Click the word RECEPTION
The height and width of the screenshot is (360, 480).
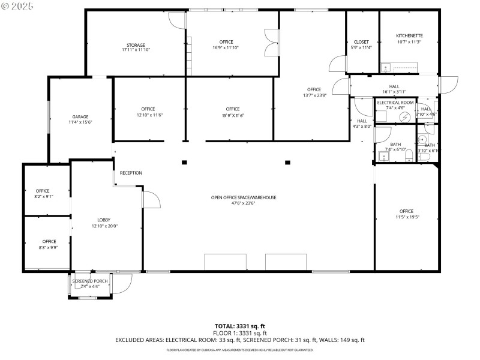tap(131, 173)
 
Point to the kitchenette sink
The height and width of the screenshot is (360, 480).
tap(386, 67)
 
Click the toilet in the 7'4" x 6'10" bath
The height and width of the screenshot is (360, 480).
tap(409, 157)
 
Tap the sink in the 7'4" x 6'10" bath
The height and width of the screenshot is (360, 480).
tap(383, 157)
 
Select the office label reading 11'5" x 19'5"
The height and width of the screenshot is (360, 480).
tap(406, 214)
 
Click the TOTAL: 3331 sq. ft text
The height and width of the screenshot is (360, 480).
tap(239, 326)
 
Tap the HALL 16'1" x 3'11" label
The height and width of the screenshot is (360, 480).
tap(394, 89)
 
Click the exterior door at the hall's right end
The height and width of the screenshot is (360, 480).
tap(448, 85)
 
